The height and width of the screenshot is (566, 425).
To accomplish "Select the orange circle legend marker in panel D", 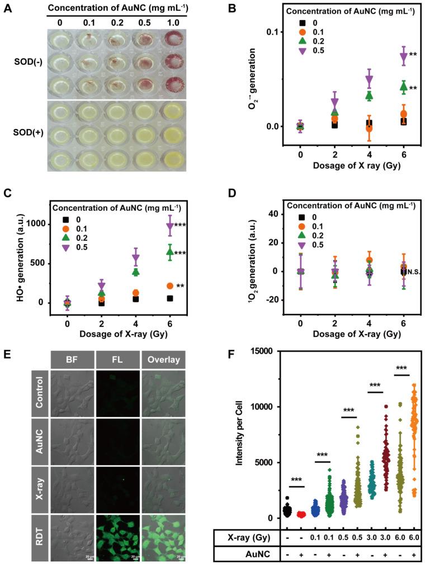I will (303, 226).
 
